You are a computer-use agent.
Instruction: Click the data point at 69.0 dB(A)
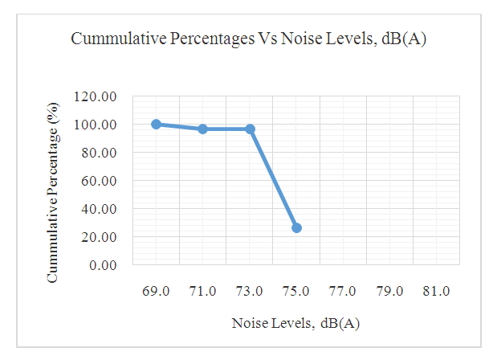click(x=156, y=125)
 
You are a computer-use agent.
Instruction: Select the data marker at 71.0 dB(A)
click(x=203, y=129)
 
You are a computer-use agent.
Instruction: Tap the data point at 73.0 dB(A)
click(x=250, y=129)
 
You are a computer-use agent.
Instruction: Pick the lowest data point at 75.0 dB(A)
click(x=296, y=227)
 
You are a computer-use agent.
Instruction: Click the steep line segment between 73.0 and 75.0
click(x=273, y=178)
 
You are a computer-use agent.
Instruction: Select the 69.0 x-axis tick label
click(x=156, y=291)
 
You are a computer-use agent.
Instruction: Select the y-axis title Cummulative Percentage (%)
click(x=53, y=191)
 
